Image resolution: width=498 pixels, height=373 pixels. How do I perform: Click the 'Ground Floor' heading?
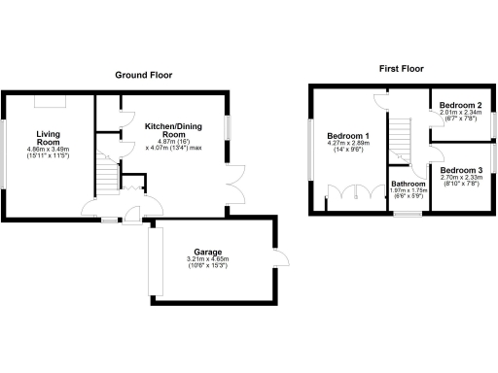[144, 75]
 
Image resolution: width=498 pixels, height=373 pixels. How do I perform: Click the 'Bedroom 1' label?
[347, 135]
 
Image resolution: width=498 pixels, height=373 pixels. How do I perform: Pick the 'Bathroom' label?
[409, 183]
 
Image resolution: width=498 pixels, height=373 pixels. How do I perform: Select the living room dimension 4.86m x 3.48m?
[49, 149]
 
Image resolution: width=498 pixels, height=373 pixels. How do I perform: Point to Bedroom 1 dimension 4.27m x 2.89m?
[347, 144]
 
